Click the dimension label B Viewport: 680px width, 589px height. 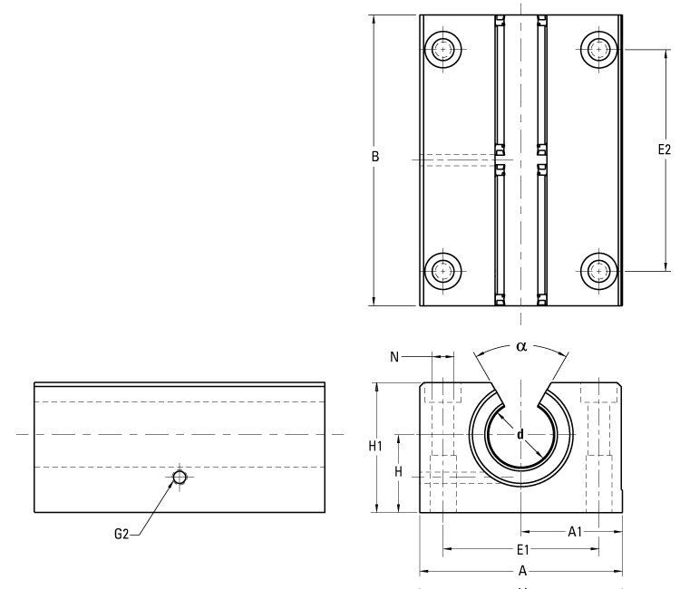pos(374,157)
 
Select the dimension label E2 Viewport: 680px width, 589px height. pos(664,150)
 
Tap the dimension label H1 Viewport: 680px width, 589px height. pos(374,446)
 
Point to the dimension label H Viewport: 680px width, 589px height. pos(398,471)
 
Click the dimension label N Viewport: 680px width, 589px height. pos(394,357)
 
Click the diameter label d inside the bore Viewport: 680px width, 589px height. pos(520,435)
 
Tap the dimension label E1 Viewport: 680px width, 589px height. pos(522,549)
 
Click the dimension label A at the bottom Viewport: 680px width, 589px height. pos(521,572)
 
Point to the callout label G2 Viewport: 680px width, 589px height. pos(121,535)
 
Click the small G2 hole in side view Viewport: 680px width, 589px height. pos(180,477)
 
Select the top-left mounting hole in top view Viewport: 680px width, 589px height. pos(443,48)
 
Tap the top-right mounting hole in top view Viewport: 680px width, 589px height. pos(598,48)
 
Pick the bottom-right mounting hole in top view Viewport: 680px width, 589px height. pos(598,270)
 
